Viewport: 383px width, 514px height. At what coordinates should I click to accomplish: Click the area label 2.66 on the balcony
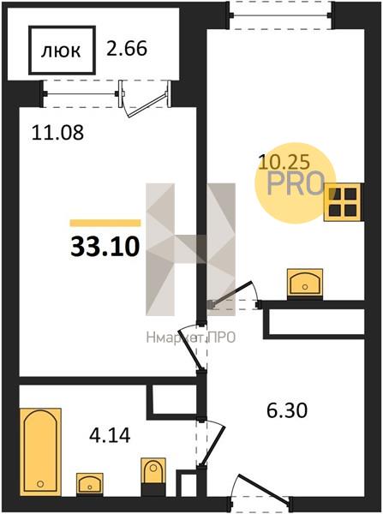(x=127, y=49)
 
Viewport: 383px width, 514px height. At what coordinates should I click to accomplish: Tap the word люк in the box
(x=61, y=51)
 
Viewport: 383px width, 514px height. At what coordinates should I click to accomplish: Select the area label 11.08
(x=57, y=133)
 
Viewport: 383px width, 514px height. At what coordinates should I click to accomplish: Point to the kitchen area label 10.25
(x=284, y=162)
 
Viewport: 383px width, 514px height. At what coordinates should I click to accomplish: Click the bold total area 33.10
(x=105, y=247)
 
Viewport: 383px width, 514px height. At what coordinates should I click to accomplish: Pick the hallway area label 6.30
(x=287, y=410)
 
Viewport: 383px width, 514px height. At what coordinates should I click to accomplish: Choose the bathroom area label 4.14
(x=110, y=435)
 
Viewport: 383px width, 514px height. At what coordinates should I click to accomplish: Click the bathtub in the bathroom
(x=40, y=451)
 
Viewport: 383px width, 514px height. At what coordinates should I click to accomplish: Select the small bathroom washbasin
(x=90, y=484)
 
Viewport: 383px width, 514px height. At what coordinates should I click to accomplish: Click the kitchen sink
(x=305, y=284)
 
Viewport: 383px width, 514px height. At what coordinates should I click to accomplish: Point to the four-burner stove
(x=344, y=202)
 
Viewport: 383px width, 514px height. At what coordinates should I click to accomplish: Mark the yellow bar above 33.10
(x=105, y=223)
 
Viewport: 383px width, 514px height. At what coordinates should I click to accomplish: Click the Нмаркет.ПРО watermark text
(x=191, y=338)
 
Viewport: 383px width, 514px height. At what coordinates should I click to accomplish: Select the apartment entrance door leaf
(x=265, y=488)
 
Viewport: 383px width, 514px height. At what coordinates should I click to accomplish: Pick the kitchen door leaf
(x=232, y=294)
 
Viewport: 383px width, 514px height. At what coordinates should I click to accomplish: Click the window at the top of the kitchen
(x=280, y=15)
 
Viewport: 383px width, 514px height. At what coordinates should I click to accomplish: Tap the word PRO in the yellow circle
(x=296, y=183)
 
